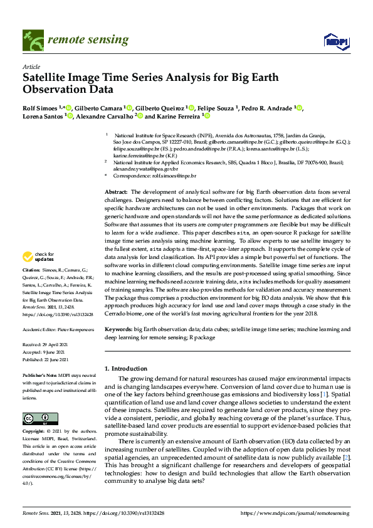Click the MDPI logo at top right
point(335,41)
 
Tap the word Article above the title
point(31,66)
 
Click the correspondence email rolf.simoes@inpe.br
point(171,177)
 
